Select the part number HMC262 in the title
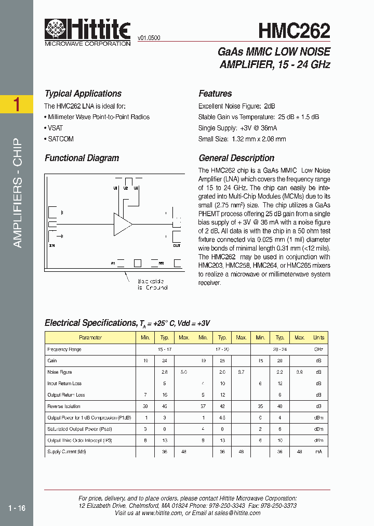point(294,31)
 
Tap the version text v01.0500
point(149,38)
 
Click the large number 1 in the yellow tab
point(17,104)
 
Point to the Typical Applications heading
point(83,94)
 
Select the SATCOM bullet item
point(60,139)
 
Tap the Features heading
point(215,94)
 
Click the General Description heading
point(236,158)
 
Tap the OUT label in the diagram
point(177,245)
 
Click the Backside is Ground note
point(152,284)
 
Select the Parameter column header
point(90,338)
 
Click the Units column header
point(318,338)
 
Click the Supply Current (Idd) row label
point(66,452)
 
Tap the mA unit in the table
point(318,452)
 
